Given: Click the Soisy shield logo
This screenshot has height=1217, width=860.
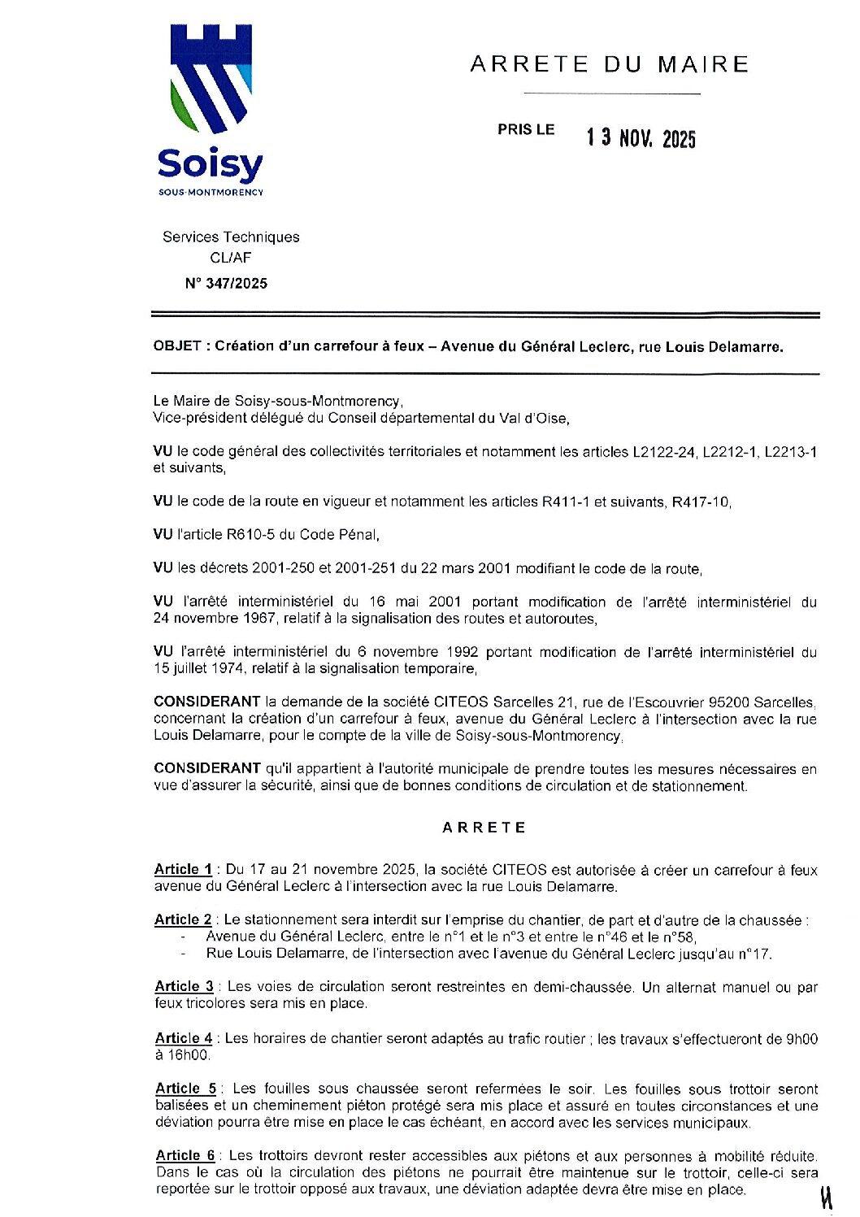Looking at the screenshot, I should tap(211, 79).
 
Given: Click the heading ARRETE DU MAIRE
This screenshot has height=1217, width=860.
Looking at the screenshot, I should tap(610, 63).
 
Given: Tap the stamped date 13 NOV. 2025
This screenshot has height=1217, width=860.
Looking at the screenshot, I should tap(641, 138).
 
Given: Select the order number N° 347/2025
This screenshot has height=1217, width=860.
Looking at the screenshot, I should tap(226, 284).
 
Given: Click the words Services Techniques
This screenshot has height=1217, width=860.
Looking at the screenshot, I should tap(231, 237).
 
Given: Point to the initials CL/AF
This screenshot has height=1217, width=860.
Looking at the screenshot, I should tap(231, 259).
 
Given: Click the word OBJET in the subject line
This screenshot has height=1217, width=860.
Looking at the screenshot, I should tap(176, 346).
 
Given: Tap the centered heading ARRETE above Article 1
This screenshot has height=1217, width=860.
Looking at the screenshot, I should tap(484, 828).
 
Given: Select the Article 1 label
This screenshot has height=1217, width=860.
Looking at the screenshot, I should tap(183, 870).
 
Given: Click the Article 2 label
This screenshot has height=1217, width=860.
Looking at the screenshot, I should tap(183, 919).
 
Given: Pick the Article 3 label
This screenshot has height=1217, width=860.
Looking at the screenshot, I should tap(184, 986).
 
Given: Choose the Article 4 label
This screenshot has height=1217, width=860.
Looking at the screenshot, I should tap(184, 1038).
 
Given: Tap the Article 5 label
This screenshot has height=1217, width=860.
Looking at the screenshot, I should tap(185, 1089).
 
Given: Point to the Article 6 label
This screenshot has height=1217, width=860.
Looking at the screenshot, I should tap(185, 1155).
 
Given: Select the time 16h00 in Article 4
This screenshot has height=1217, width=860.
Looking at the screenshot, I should tap(189, 1055).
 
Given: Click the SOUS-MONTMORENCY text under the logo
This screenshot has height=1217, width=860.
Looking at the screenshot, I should tap(211, 193).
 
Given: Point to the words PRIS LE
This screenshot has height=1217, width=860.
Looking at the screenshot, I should tap(526, 129).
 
